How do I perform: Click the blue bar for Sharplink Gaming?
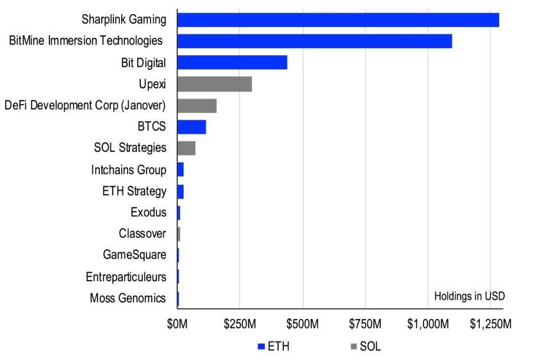(x=338, y=20)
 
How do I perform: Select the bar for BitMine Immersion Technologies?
(x=314, y=41)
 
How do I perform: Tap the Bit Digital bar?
(x=232, y=62)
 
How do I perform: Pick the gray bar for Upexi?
(x=214, y=84)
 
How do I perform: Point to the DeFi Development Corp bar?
(x=197, y=106)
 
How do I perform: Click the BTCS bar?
(x=191, y=127)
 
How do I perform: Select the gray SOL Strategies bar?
(x=186, y=148)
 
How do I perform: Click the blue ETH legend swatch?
(x=261, y=347)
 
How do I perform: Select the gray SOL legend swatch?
(x=354, y=347)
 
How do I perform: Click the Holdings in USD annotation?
(x=469, y=296)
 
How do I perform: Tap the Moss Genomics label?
(x=127, y=298)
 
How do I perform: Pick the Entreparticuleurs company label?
(x=126, y=277)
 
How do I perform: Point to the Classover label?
(x=142, y=234)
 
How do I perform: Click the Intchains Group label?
(x=129, y=170)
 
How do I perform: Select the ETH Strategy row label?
(x=134, y=191)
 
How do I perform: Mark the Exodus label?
(x=148, y=212)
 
